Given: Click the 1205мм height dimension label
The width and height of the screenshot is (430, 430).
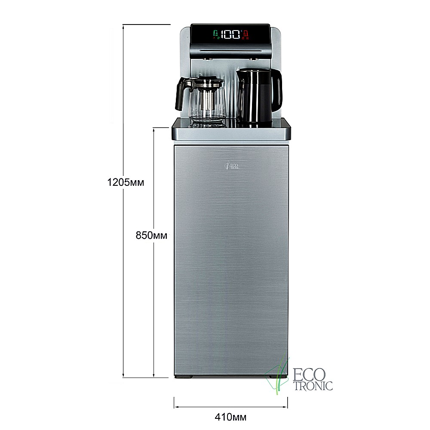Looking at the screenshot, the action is pyautogui.click(x=126, y=182).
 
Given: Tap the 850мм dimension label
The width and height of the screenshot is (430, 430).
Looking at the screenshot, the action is pyautogui.click(x=151, y=235).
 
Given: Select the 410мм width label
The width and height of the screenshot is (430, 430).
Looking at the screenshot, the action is pyautogui.click(x=230, y=417).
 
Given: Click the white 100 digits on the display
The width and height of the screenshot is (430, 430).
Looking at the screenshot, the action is pyautogui.click(x=230, y=34).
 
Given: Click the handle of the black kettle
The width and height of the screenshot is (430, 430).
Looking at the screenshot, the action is pyautogui.click(x=277, y=88).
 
